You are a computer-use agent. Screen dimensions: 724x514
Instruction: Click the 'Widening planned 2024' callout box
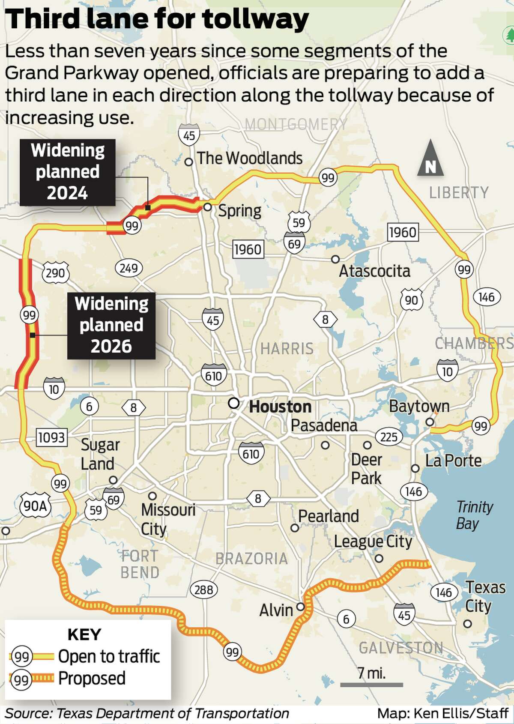coord(68,172)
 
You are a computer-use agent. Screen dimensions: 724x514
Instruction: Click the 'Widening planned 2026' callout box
coord(111,325)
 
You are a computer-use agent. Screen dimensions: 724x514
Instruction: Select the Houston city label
coord(280,407)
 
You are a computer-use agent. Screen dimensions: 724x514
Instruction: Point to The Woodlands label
coord(250,158)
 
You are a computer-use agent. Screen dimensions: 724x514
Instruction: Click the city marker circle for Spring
coord(207,207)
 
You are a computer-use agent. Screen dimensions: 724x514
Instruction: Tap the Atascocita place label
coord(374,271)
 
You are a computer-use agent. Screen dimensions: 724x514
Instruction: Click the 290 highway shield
coord(56,272)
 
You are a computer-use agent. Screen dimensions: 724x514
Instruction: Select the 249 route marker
coord(128,268)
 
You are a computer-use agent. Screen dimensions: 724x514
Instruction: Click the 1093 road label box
coord(51,437)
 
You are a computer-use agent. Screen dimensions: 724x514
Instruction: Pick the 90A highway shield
coord(35,506)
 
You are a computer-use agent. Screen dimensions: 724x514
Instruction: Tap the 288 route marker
coord(203,590)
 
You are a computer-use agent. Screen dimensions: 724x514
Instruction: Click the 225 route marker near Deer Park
coord(389,437)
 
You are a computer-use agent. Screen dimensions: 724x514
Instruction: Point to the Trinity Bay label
coord(474,515)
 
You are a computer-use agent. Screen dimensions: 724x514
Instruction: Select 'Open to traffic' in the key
coord(109,656)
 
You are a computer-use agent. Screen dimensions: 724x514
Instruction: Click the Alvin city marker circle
coord(301,607)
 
